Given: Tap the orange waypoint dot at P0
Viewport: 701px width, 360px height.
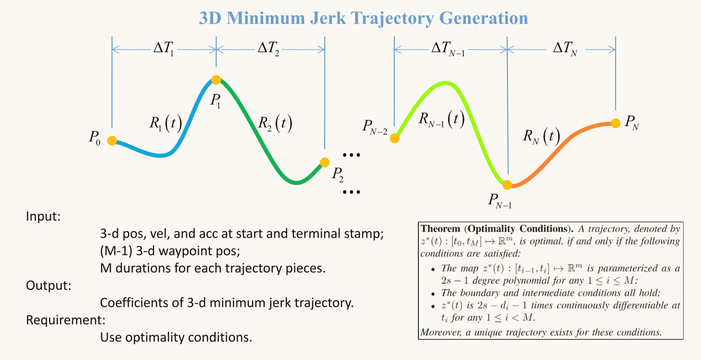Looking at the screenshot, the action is [112, 140].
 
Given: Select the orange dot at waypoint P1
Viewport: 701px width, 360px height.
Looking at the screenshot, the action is [216, 80].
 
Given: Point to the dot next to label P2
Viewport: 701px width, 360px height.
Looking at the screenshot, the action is [324, 162].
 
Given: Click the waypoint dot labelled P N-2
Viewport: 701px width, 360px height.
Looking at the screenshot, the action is [395, 138].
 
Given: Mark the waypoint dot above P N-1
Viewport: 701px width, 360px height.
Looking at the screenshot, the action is [507, 184].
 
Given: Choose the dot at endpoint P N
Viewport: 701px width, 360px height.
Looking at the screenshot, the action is [615, 123].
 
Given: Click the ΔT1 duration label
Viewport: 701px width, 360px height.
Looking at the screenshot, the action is [163, 50].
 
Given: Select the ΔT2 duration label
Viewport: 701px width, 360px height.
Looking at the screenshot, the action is [268, 50].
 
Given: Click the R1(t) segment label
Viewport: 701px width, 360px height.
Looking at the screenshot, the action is [165, 123].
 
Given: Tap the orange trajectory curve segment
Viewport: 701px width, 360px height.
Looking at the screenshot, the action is [563, 149].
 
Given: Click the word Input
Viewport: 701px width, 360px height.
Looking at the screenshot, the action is [43, 216].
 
